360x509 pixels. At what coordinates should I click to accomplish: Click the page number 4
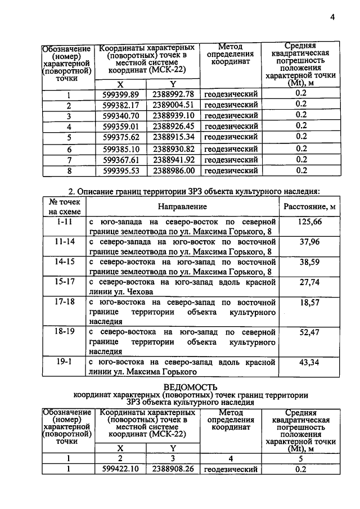332,17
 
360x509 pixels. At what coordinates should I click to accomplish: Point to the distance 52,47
310,332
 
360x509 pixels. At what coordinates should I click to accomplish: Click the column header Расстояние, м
310,207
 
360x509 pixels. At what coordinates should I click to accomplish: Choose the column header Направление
182,207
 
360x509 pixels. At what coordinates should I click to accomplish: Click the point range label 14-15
64,262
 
